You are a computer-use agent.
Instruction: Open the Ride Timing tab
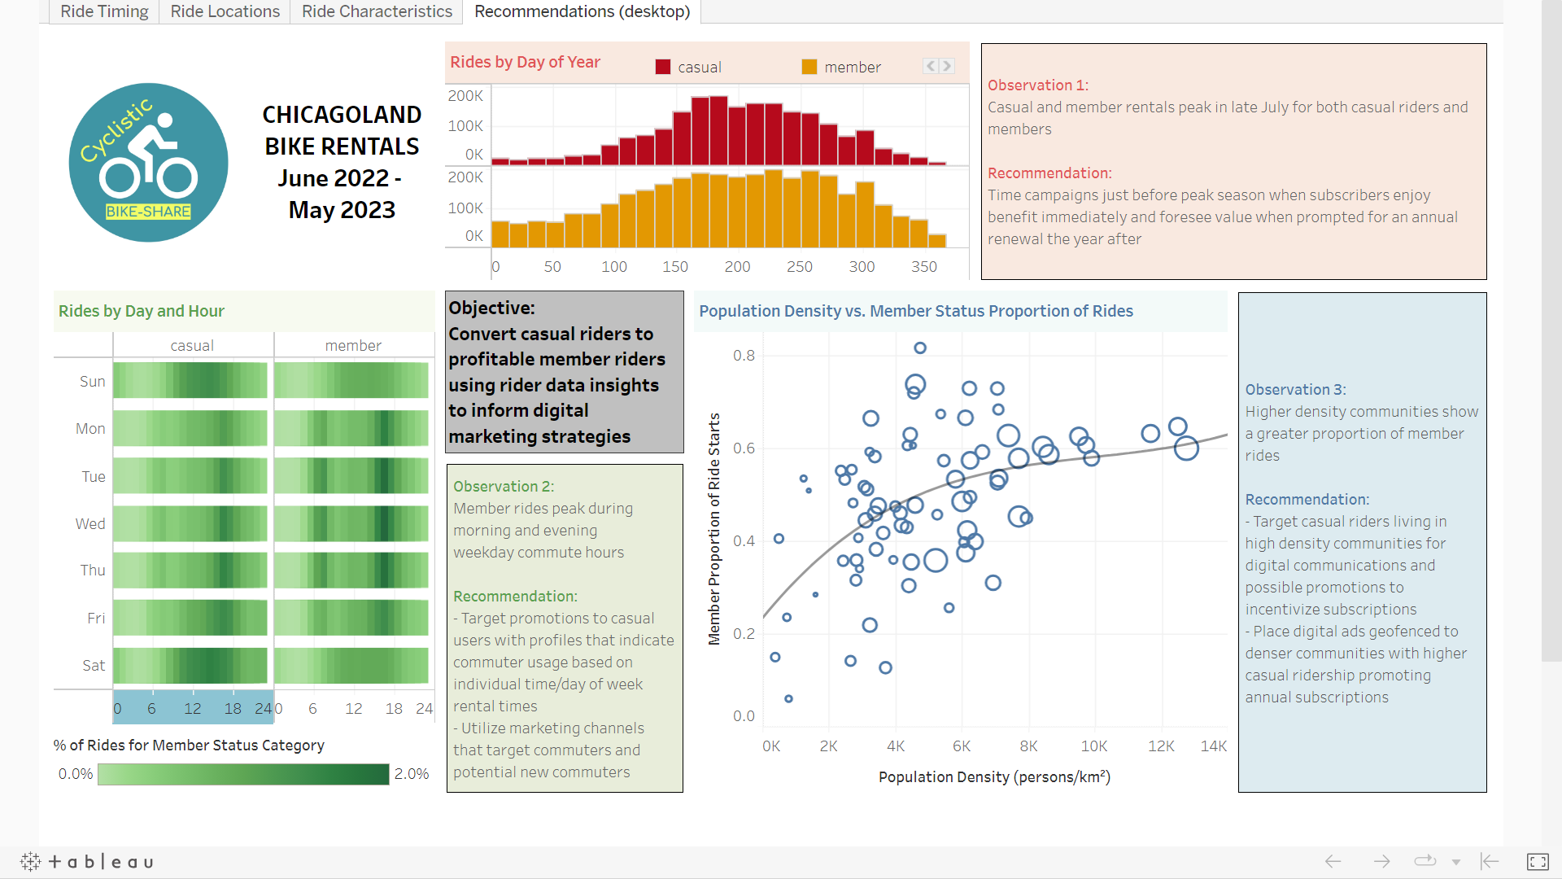coord(104,11)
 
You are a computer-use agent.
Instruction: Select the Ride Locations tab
coord(225,11)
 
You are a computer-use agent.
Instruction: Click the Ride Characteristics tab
coord(377,11)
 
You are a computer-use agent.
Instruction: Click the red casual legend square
coord(662,67)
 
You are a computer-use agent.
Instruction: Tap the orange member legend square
coord(809,67)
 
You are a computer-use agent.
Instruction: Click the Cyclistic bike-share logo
coord(148,162)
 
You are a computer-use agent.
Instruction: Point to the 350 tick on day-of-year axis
coord(923,266)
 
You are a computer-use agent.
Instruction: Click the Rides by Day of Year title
coord(525,62)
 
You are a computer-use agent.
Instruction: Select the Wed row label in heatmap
coord(90,523)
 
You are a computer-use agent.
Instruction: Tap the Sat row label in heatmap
coord(94,665)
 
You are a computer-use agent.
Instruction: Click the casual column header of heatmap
coord(192,345)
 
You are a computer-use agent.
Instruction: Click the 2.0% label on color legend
coord(412,773)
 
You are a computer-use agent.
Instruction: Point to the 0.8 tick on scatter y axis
coord(744,355)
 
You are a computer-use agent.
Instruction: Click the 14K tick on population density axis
coord(1213,746)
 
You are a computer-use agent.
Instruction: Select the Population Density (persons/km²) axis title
coord(994,776)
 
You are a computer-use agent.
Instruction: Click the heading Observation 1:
coord(1038,85)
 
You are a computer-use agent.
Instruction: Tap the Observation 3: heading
coord(1295,389)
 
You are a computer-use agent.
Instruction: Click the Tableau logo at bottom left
coord(86,861)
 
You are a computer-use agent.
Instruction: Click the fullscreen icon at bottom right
coord(1537,861)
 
